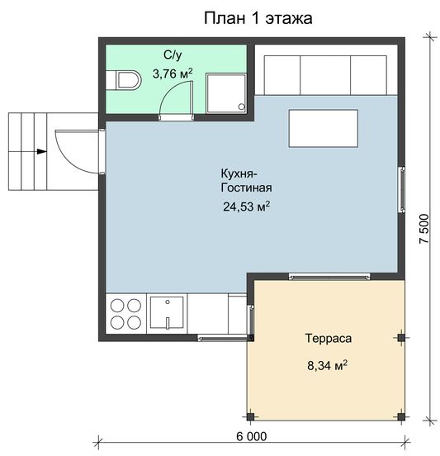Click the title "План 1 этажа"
[x=258, y=19]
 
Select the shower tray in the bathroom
[x=226, y=93]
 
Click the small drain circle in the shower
[x=242, y=107]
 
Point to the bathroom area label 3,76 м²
[x=173, y=74]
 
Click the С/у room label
[x=173, y=55]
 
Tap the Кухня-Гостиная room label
[x=247, y=180]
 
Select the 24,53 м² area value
[x=247, y=207]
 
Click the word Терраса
[x=328, y=338]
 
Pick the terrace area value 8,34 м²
[x=328, y=365]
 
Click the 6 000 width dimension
[x=252, y=436]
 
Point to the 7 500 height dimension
[x=424, y=229]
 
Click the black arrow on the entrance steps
[x=42, y=151]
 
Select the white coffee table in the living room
[x=323, y=128]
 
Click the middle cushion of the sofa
[x=325, y=75]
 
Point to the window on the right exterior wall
[x=402, y=189]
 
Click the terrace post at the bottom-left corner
[x=250, y=416]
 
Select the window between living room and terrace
[x=329, y=276]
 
